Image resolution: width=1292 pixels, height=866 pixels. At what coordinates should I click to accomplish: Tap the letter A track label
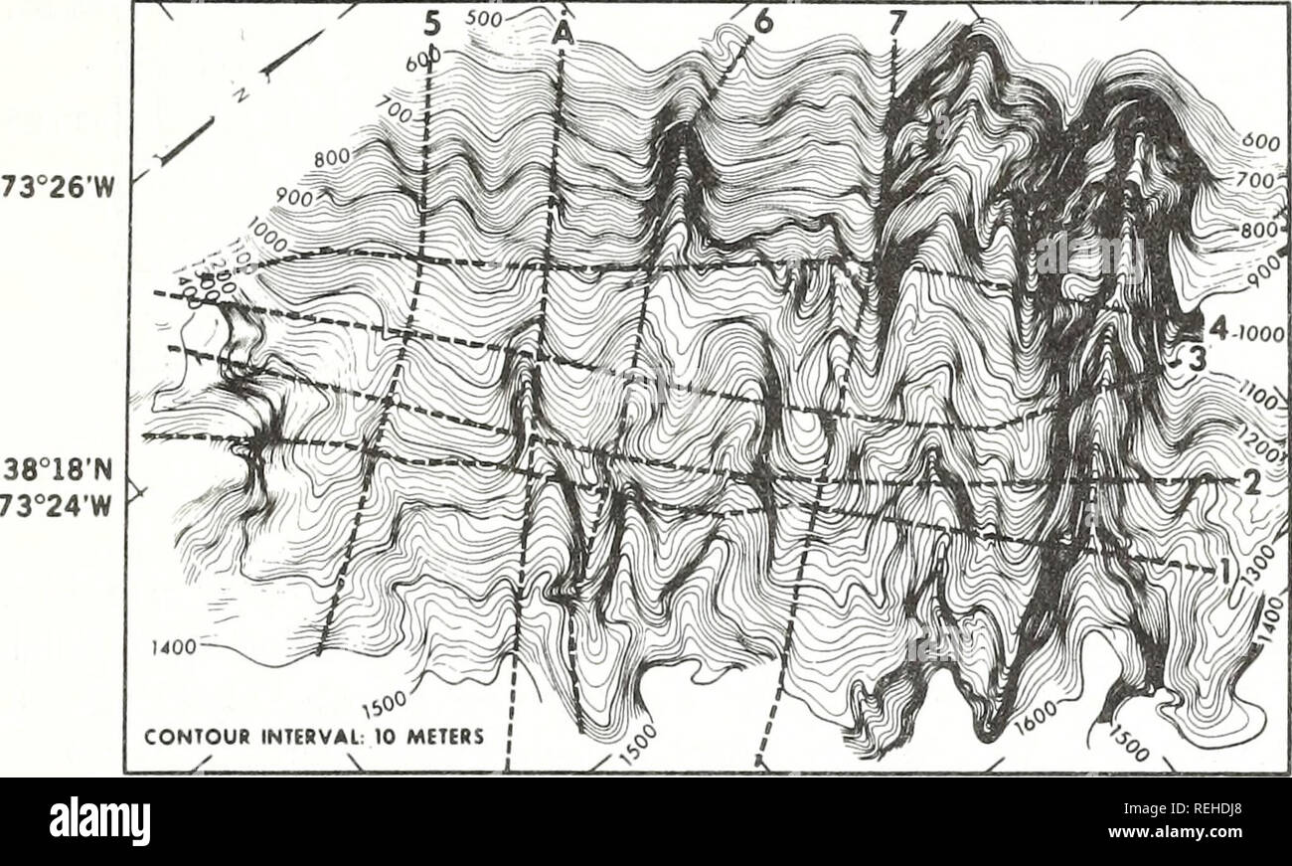564,36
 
